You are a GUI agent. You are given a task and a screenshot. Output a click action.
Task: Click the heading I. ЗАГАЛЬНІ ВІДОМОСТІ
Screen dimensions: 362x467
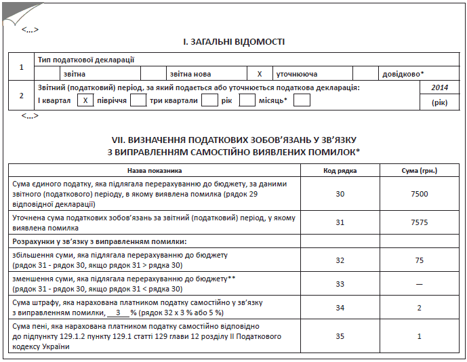234,42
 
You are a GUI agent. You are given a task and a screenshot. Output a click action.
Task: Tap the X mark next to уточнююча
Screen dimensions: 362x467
260,73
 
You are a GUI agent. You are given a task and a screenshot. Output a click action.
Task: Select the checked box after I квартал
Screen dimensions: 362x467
85,100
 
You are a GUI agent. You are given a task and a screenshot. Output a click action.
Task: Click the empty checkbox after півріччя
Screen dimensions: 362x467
138,100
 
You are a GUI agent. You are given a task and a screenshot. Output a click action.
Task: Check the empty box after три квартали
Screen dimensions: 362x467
209,100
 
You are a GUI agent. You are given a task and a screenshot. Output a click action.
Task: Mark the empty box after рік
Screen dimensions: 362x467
247,100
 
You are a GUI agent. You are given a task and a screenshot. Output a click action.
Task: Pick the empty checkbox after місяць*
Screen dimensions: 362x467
302,100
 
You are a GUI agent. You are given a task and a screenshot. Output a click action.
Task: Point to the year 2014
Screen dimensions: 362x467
439,88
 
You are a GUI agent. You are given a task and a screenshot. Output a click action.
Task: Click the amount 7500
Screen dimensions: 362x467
420,194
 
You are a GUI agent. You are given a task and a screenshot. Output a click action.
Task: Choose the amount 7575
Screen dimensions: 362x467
420,222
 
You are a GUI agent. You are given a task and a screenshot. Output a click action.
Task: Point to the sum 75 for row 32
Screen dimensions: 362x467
420,259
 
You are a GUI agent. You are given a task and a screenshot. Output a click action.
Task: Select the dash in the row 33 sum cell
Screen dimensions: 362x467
420,284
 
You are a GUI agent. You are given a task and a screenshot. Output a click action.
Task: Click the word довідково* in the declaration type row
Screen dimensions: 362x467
403,73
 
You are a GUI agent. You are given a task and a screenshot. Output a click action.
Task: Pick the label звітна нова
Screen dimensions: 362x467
190,73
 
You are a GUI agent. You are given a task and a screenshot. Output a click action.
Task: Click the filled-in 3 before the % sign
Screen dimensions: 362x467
118,313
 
